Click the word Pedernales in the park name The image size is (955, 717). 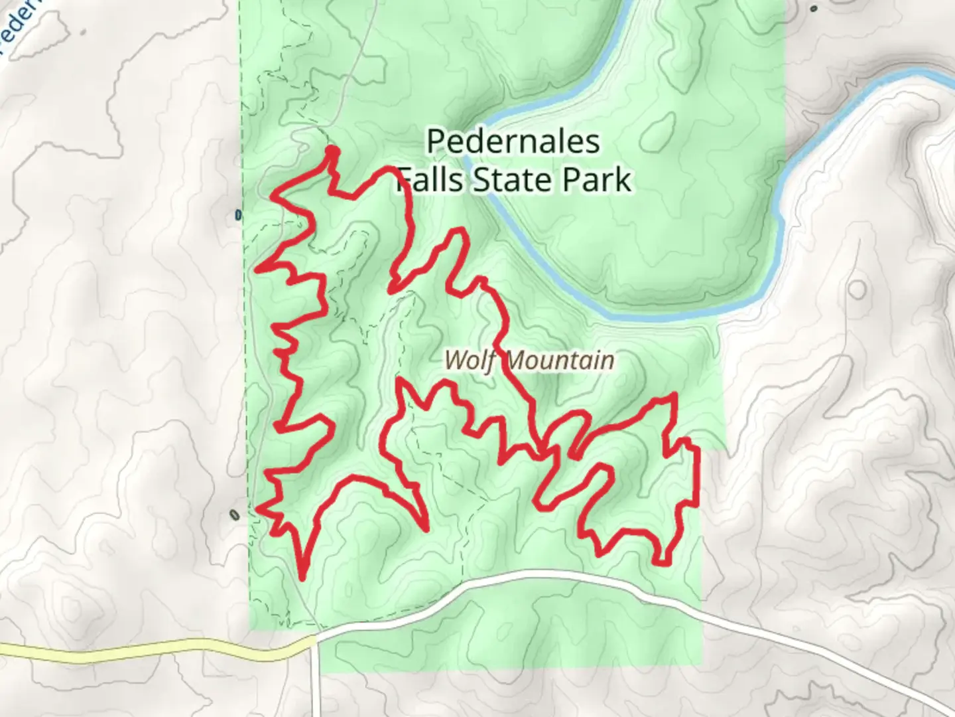(x=513, y=142)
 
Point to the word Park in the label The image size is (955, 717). (x=596, y=181)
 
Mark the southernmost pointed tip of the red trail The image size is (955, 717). (x=302, y=578)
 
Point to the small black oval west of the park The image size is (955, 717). (x=233, y=515)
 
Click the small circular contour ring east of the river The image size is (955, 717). (x=857, y=289)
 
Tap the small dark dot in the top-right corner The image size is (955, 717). (x=814, y=9)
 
